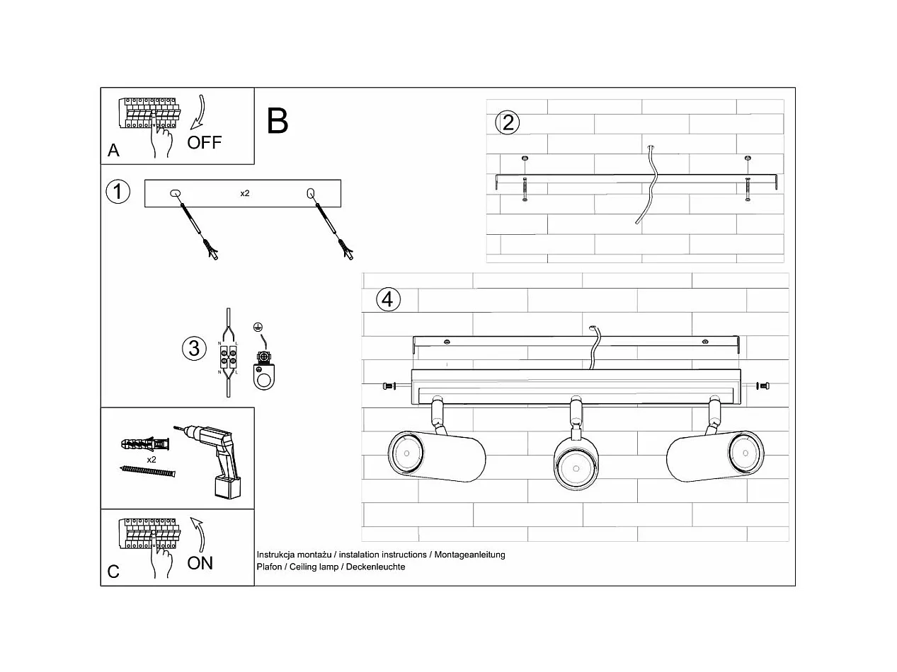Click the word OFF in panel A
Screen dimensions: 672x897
(204, 142)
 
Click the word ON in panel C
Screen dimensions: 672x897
(200, 563)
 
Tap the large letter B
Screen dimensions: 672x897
(278, 121)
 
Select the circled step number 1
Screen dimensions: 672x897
(118, 192)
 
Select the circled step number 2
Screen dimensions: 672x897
(507, 123)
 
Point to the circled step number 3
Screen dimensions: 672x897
(193, 348)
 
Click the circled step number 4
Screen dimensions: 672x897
(387, 299)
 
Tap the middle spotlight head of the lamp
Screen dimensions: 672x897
(578, 463)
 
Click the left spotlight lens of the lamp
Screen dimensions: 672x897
(406, 453)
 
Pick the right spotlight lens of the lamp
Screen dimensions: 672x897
(746, 453)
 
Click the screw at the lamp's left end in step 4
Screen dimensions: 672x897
(387, 386)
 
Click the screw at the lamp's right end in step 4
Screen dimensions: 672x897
(762, 386)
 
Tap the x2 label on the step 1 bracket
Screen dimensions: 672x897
(244, 193)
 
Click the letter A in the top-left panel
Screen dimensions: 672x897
(113, 150)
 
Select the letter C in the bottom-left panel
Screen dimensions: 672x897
(113, 572)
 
